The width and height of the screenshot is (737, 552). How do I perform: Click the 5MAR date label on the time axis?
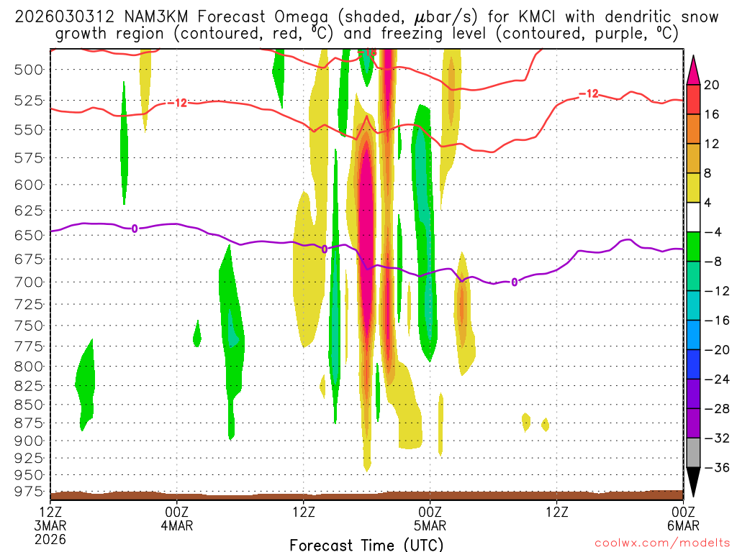click(x=430, y=525)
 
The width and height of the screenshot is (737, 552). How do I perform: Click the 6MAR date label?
click(x=682, y=525)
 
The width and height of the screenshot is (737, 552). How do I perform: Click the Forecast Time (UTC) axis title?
click(x=366, y=544)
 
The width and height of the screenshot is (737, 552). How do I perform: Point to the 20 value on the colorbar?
click(x=712, y=85)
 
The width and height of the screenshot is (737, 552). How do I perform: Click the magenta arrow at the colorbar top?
click(x=694, y=70)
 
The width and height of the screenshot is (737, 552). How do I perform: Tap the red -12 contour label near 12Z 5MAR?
click(x=589, y=93)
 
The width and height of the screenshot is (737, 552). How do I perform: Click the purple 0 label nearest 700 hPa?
click(x=514, y=282)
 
